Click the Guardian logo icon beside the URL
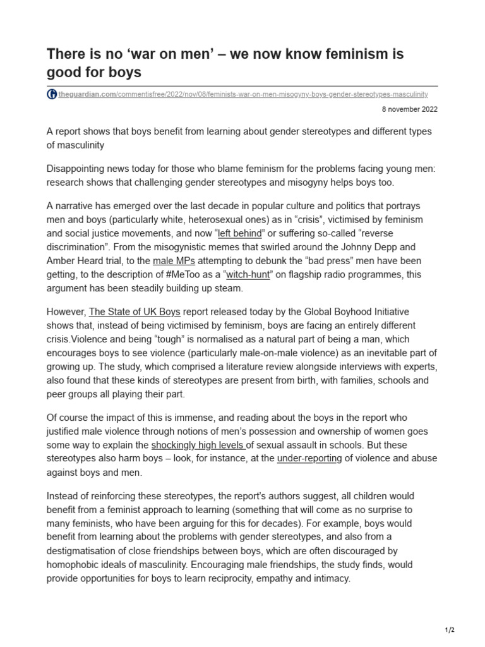[x=52, y=94]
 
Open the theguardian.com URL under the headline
[x=242, y=94]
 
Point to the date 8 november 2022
[x=409, y=109]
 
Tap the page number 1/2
[x=450, y=629]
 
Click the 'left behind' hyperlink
[x=242, y=233]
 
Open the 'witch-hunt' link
[x=248, y=274]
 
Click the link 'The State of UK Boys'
[x=135, y=311]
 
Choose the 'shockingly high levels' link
[x=192, y=445]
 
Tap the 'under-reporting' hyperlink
[x=309, y=458]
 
